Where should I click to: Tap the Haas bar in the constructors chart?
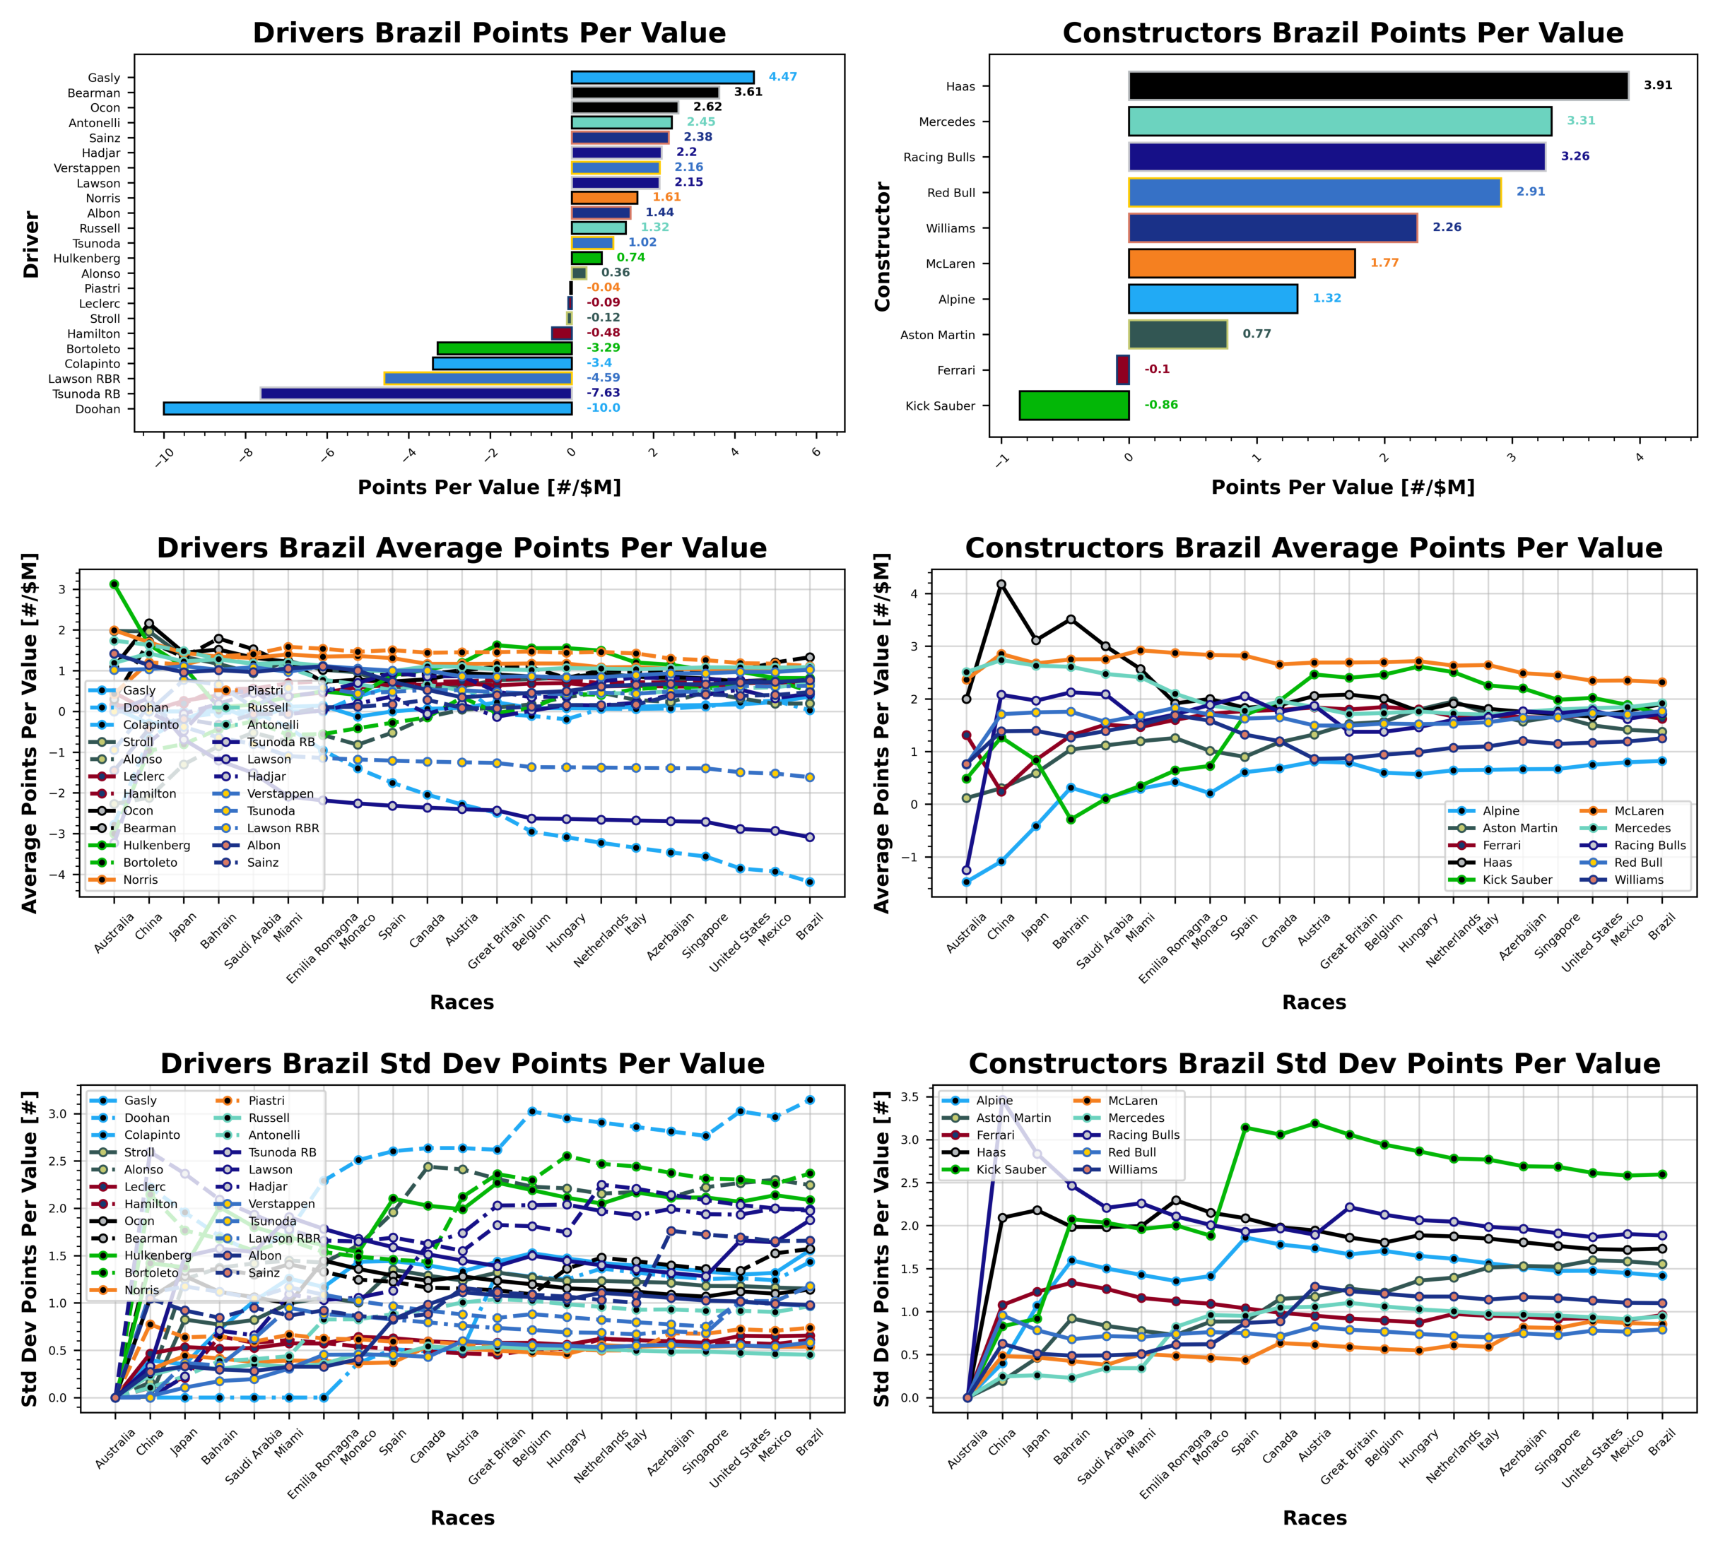click(1377, 86)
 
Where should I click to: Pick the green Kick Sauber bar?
click(1073, 406)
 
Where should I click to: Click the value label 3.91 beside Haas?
click(1657, 85)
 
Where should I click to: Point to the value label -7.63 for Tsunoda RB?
click(603, 394)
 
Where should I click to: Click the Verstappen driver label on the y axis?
click(87, 167)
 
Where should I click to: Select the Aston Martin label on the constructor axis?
click(937, 335)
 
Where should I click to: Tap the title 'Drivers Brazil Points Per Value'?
click(489, 32)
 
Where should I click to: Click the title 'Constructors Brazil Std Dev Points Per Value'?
click(1314, 1064)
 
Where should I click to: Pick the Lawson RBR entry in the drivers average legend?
click(283, 828)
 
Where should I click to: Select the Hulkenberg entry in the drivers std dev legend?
click(158, 1255)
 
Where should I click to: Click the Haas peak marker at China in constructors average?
click(1001, 584)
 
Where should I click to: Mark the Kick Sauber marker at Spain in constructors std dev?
click(1245, 1128)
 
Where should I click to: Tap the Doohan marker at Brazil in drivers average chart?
click(809, 882)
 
